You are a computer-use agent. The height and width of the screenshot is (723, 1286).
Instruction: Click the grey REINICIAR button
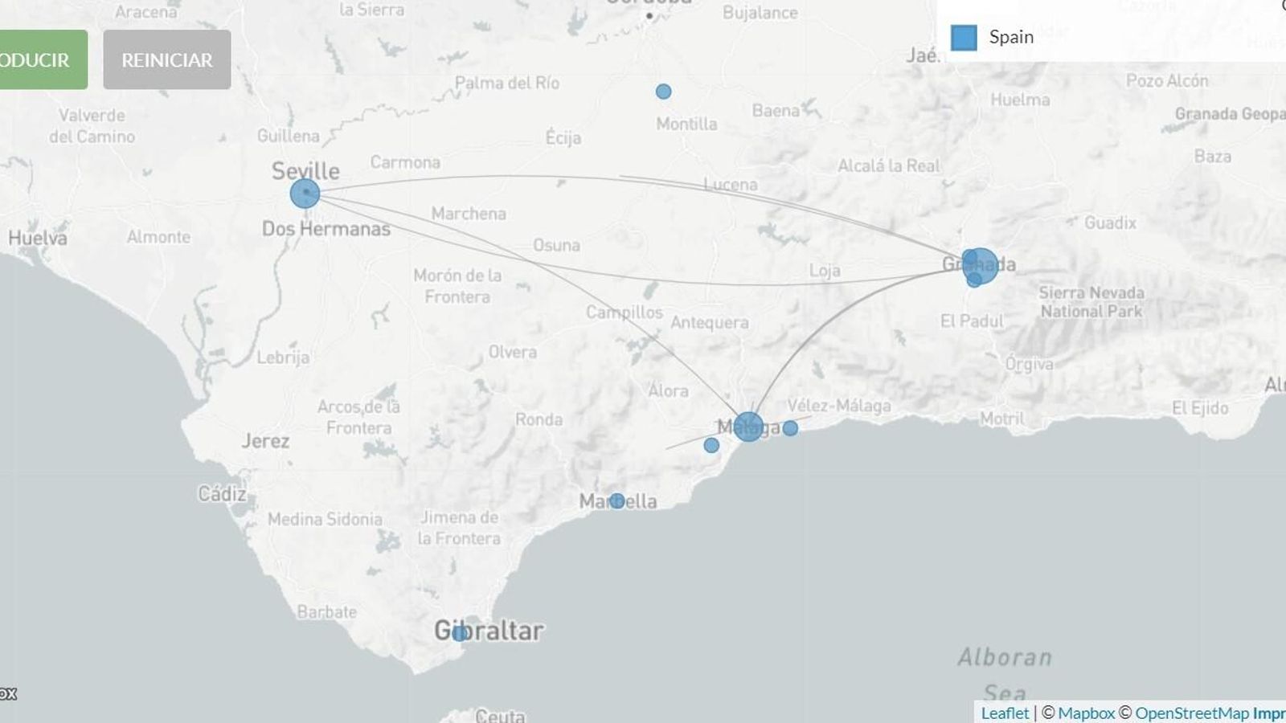click(x=166, y=59)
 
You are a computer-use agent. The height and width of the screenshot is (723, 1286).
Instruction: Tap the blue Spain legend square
click(x=964, y=37)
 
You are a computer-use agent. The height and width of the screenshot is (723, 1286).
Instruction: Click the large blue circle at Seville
click(x=305, y=194)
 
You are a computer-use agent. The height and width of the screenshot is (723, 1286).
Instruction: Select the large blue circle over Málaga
click(x=748, y=427)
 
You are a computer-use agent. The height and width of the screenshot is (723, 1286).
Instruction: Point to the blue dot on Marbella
click(x=616, y=501)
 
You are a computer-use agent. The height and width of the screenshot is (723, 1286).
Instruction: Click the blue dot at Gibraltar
click(x=459, y=633)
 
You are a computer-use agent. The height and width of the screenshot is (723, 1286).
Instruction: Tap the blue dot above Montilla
click(x=663, y=92)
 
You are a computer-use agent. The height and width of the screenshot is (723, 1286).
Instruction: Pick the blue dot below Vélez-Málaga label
click(x=790, y=428)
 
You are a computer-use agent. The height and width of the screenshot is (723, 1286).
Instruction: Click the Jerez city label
click(x=265, y=441)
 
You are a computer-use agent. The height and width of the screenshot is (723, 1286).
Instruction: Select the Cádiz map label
click(x=223, y=493)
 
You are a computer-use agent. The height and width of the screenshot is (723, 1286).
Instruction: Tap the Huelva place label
click(x=38, y=238)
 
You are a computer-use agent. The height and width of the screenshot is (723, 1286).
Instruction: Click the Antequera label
click(x=710, y=322)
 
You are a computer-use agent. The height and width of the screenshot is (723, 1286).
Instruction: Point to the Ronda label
click(x=539, y=419)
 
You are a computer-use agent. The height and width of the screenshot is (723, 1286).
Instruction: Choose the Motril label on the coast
click(x=1001, y=419)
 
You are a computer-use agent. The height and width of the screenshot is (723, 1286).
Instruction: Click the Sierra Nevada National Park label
click(x=1091, y=302)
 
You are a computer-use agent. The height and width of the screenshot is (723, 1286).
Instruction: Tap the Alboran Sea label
click(x=1005, y=673)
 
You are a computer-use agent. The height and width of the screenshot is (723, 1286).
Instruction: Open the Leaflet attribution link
click(x=1005, y=713)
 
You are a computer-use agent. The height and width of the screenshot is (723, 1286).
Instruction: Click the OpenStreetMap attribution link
click(x=1192, y=713)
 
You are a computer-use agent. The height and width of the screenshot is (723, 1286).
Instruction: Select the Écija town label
click(x=563, y=137)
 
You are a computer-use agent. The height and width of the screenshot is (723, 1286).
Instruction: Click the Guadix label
click(x=1110, y=223)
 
